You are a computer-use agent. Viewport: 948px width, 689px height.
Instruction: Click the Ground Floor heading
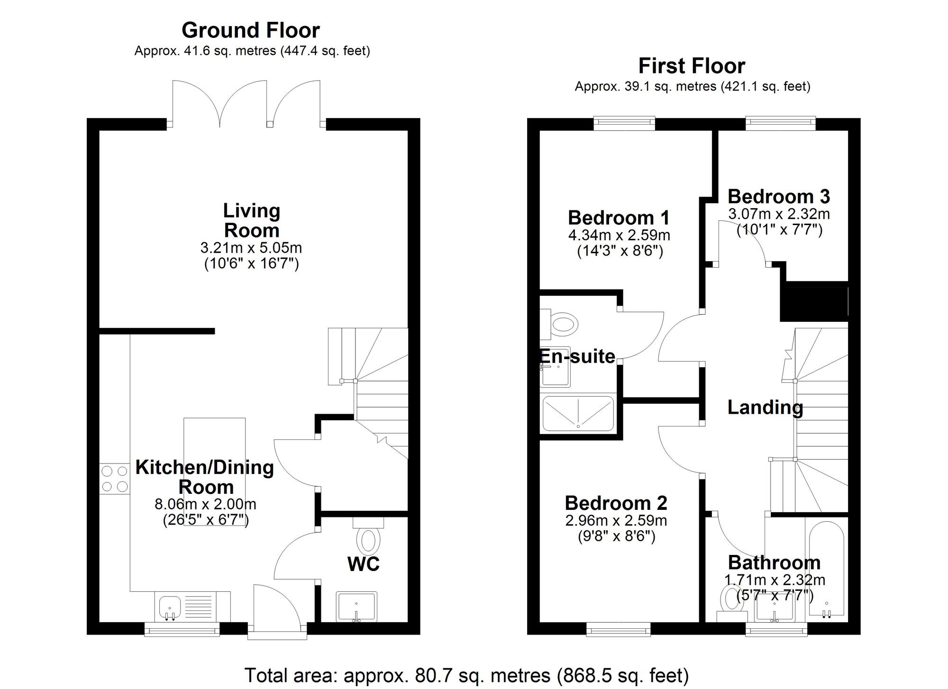pyautogui.click(x=251, y=30)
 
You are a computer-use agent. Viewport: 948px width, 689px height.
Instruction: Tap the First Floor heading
pyautogui.click(x=692, y=66)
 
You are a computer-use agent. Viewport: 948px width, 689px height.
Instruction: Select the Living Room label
pyautogui.click(x=252, y=221)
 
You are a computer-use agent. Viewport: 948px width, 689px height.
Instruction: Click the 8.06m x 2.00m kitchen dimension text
pyautogui.click(x=205, y=504)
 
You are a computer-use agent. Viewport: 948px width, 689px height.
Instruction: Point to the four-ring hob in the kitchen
pyautogui.click(x=115, y=479)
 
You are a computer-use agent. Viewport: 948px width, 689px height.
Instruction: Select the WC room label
pyautogui.click(x=364, y=564)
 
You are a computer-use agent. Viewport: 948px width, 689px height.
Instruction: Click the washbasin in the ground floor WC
pyautogui.click(x=356, y=606)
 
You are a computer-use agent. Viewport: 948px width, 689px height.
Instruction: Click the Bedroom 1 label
pyautogui.click(x=619, y=218)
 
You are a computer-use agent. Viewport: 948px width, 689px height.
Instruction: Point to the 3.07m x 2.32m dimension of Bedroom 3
pyautogui.click(x=779, y=214)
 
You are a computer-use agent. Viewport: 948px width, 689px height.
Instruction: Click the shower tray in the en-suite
pyautogui.click(x=578, y=414)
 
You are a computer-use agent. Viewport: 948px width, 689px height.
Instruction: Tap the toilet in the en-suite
pyautogui.click(x=563, y=325)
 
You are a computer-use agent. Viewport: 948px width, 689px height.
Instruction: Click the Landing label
pyautogui.click(x=765, y=408)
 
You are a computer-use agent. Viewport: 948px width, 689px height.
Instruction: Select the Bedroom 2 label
pyautogui.click(x=616, y=503)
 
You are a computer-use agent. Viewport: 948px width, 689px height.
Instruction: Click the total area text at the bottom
pyautogui.click(x=466, y=675)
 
